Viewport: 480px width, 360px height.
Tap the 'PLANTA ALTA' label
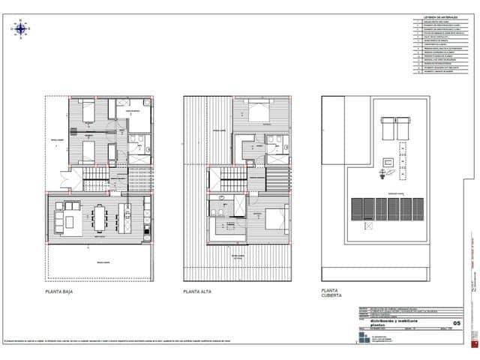pos(199,290)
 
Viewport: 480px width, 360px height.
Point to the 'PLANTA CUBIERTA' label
pos(331,292)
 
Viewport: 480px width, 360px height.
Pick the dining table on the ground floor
pos(99,217)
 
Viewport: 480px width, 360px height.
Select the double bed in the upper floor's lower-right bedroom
pos(271,220)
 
